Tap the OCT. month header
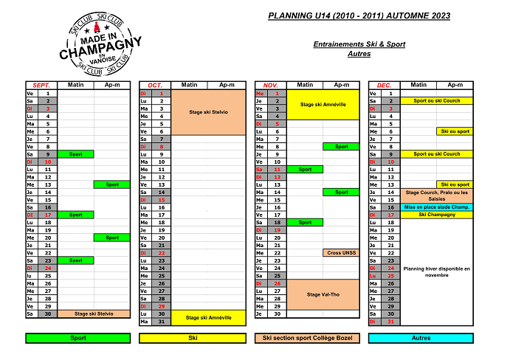155,86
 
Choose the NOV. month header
270,86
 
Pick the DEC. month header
385,86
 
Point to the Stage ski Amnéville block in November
322,105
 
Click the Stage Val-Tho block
322,294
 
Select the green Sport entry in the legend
77,338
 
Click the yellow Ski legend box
193,338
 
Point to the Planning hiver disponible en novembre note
437,271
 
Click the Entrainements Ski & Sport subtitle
359,44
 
